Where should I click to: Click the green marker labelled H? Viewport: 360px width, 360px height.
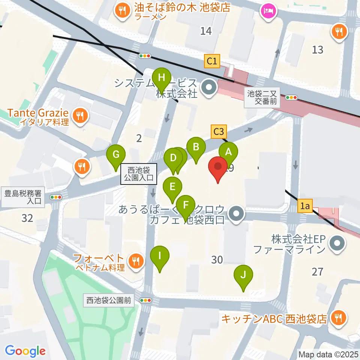click(162, 78)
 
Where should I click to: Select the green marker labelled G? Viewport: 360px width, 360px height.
click(116, 154)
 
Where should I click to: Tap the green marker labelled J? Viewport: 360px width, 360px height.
click(243, 275)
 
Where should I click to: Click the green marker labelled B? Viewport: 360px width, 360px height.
click(196, 147)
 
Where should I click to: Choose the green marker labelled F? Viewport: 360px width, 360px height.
click(185, 205)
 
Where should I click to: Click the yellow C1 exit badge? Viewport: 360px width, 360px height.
click(212, 61)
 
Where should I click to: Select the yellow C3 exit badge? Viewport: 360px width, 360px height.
click(219, 132)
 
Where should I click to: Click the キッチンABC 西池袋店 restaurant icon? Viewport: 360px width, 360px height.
click(339, 318)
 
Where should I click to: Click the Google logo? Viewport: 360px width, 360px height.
click(25, 351)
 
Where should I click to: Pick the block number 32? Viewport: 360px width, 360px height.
click(27, 217)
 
